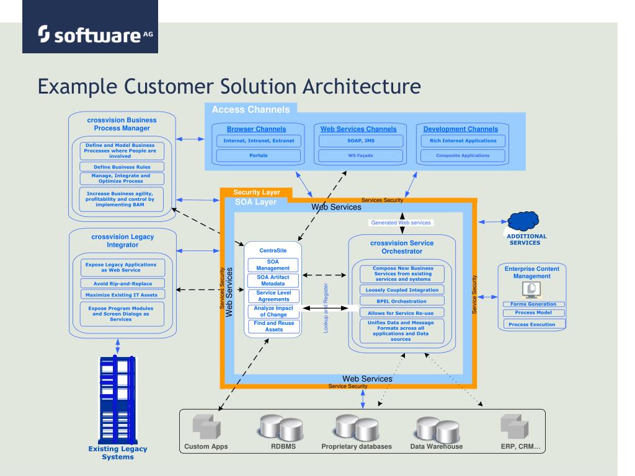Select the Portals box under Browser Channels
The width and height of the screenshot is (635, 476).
pyautogui.click(x=259, y=156)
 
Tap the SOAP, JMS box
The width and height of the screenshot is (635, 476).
pyautogui.click(x=361, y=141)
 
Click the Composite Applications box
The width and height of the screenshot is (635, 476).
pyautogui.click(x=463, y=156)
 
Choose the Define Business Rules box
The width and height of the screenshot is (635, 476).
pyautogui.click(x=122, y=167)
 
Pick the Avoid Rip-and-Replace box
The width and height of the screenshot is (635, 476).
pyautogui.click(x=123, y=283)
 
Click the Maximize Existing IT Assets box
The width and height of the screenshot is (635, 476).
pyautogui.click(x=122, y=294)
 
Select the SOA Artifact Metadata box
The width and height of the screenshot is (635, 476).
pyautogui.click(x=273, y=281)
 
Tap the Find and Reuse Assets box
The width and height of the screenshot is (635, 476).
pyautogui.click(x=273, y=326)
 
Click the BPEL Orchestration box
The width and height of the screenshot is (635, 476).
pyautogui.click(x=402, y=301)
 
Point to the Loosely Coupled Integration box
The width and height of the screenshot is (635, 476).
pyautogui.click(x=402, y=290)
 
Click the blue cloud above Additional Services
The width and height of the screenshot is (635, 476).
pyautogui.click(x=523, y=221)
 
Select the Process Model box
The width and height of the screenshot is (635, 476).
pyautogui.click(x=533, y=312)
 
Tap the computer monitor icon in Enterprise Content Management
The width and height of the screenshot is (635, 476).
pyautogui.click(x=531, y=290)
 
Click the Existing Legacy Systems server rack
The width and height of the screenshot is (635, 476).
pyautogui.click(x=117, y=400)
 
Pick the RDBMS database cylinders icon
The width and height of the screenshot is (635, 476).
pyautogui.click(x=281, y=428)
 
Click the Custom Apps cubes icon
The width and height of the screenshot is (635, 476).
pyautogui.click(x=206, y=426)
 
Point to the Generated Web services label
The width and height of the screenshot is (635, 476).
pyautogui.click(x=401, y=223)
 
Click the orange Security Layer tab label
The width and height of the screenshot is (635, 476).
pyautogui.click(x=256, y=192)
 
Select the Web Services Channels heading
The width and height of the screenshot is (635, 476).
pyautogui.click(x=358, y=129)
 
